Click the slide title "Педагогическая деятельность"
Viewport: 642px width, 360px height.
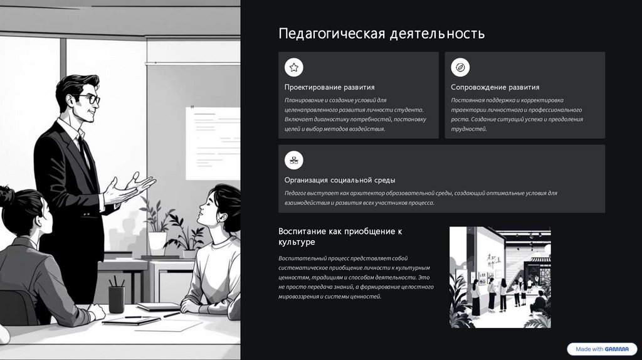[382, 34]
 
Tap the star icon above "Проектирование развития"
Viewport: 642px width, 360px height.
[294, 67]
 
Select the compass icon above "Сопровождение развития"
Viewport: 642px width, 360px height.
[460, 67]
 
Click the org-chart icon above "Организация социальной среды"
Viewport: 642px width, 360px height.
[294, 160]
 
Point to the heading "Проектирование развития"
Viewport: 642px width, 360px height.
[330, 87]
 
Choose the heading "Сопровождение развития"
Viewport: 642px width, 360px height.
[495, 87]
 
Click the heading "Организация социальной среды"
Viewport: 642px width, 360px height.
[340, 180]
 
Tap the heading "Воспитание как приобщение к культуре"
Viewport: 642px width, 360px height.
[340, 236]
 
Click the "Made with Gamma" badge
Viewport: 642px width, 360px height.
[602, 349]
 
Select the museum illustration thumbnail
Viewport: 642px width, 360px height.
[500, 277]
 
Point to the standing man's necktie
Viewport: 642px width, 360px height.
[83, 152]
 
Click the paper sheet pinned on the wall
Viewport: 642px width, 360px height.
[213, 144]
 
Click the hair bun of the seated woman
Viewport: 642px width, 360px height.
[7, 196]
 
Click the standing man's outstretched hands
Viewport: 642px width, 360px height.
[131, 188]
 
